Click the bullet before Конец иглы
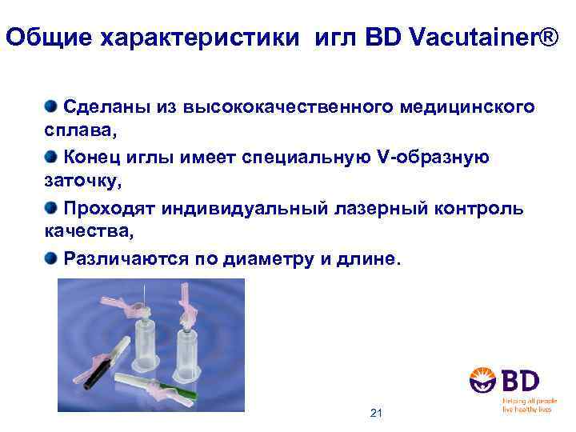coord(52,157)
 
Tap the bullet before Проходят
coord(52,208)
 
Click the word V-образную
coord(432,158)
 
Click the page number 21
coord(377,413)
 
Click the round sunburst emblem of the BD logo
coord(485,379)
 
